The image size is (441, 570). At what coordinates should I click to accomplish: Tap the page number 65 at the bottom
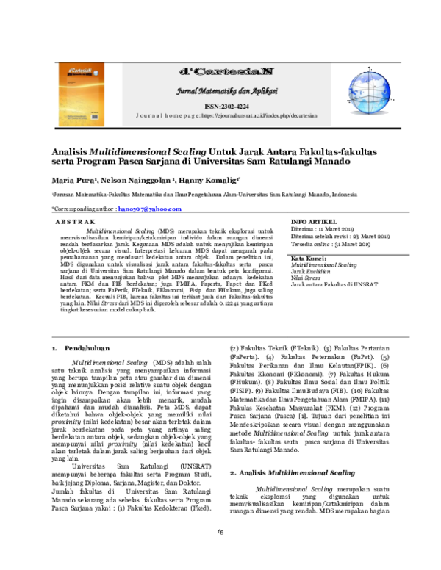coord(220,552)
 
